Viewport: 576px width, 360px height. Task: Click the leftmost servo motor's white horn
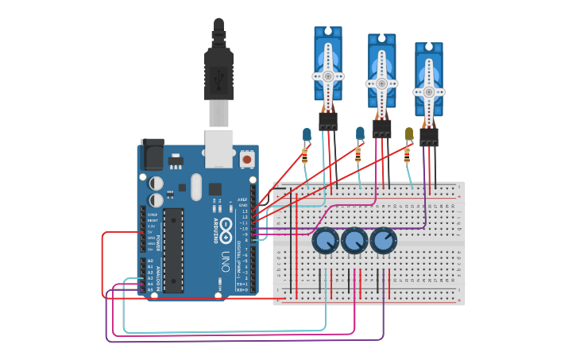click(327, 76)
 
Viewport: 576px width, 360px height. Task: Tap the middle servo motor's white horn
click(381, 83)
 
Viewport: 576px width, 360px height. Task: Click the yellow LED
click(409, 134)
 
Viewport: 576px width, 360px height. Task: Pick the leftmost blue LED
click(307, 134)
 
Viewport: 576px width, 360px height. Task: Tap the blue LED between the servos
click(360, 132)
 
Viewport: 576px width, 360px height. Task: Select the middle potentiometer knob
click(354, 240)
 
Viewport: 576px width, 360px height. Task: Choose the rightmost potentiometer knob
click(383, 241)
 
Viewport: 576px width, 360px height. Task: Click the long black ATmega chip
click(174, 250)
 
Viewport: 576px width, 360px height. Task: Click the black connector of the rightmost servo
click(429, 137)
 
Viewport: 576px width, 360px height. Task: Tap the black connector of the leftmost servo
click(328, 121)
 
